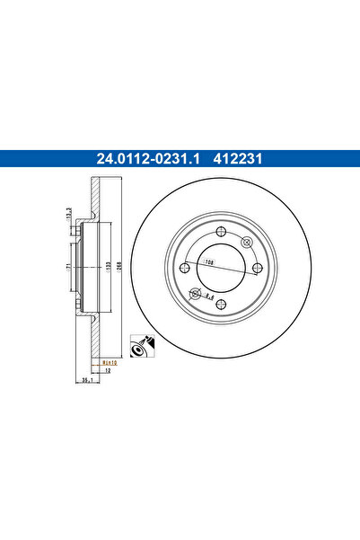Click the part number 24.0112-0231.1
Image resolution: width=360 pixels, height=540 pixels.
(x=149, y=161)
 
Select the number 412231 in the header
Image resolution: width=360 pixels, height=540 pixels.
(x=237, y=161)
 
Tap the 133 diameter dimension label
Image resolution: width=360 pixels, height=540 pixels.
(x=106, y=268)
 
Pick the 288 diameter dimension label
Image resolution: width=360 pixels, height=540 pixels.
(x=118, y=268)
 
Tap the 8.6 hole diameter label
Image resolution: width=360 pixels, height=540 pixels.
(x=208, y=293)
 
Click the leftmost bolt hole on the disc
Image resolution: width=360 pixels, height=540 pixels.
(x=183, y=268)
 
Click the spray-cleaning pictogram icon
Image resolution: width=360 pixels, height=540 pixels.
(x=140, y=343)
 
